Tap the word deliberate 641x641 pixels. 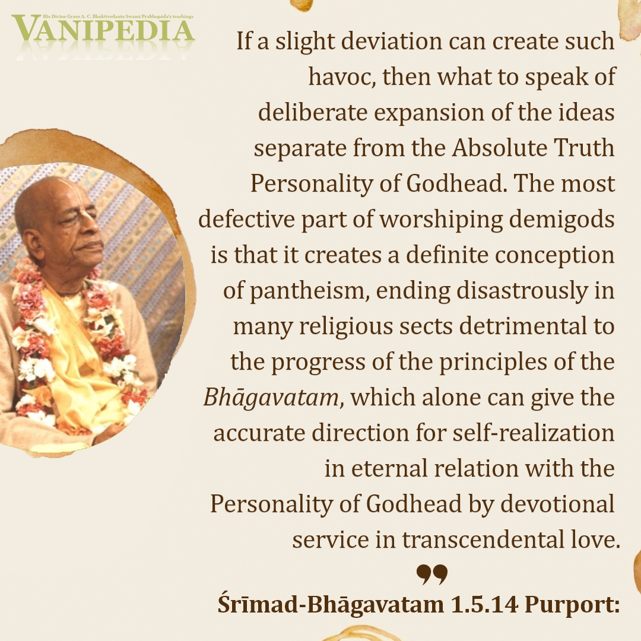(x=313, y=112)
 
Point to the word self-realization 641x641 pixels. (x=534, y=433)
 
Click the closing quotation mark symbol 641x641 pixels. (x=432, y=574)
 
